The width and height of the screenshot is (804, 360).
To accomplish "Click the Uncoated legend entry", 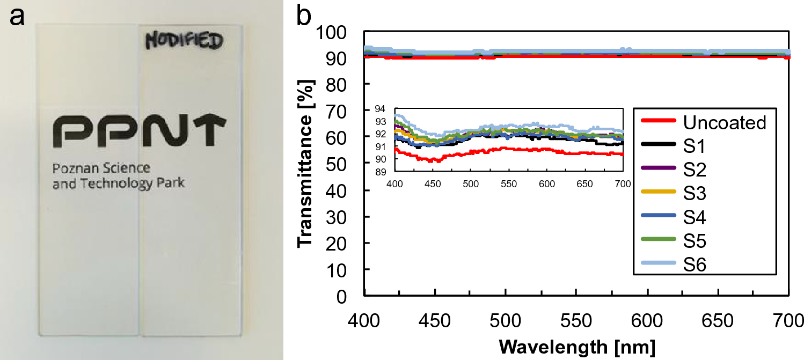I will (x=705, y=122).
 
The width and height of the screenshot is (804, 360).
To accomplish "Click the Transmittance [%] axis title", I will (x=306, y=164).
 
